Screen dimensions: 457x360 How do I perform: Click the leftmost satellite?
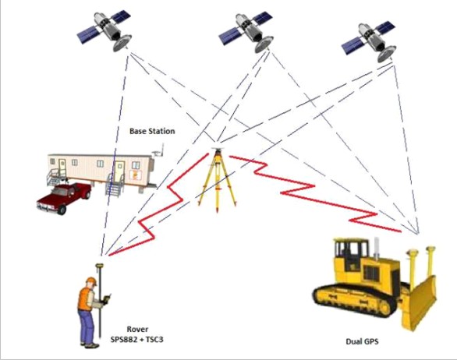105,30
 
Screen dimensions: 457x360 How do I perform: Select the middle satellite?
246,32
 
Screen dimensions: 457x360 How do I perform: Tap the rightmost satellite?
369,41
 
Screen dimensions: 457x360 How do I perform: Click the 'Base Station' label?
152,131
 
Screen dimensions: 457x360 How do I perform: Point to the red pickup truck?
64,198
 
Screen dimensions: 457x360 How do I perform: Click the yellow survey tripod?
217,179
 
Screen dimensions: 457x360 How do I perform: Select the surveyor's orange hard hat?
91,281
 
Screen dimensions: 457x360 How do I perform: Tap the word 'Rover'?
137,329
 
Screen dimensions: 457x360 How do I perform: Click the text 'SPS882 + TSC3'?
136,339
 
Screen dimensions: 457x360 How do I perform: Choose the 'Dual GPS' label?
362,341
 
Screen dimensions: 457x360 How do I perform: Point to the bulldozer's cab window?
351,252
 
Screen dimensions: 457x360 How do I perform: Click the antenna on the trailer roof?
159,150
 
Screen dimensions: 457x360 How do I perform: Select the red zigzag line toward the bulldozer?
315,194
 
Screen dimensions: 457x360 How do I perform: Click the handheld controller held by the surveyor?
107,299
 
